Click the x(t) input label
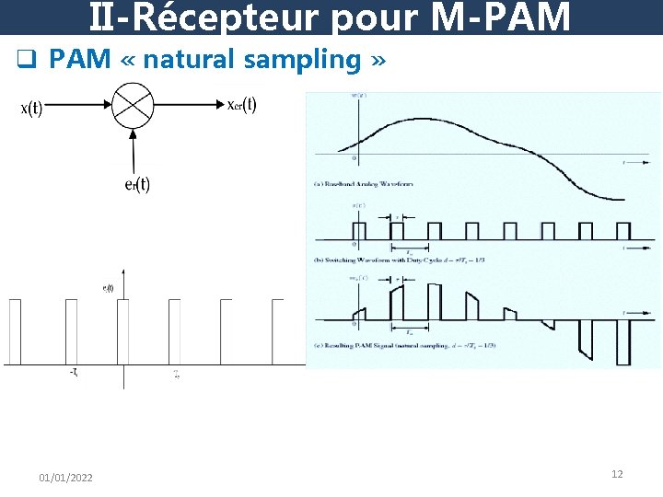pyautogui.click(x=30, y=109)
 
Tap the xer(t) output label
pyautogui.click(x=241, y=104)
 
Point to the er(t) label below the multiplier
pyautogui.click(x=136, y=183)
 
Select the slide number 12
pyautogui.click(x=617, y=474)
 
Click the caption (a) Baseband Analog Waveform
pyautogui.click(x=364, y=184)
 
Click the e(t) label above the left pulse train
pyautogui.click(x=108, y=288)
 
